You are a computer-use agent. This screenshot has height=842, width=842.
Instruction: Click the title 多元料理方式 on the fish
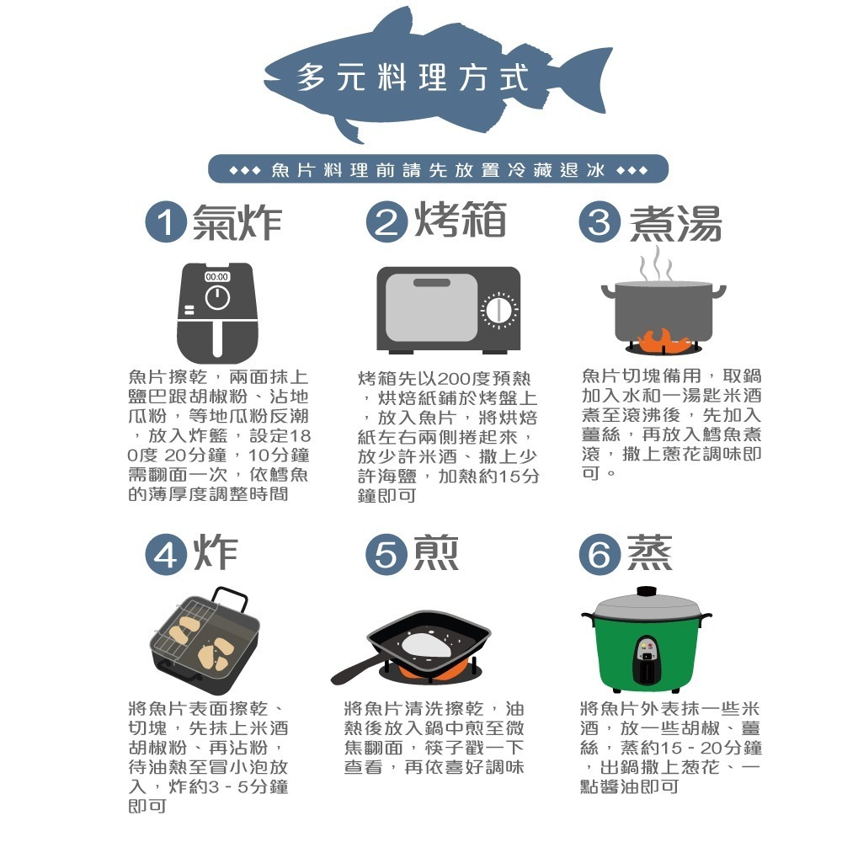click(413, 77)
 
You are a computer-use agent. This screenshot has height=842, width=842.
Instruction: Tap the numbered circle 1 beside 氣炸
click(166, 221)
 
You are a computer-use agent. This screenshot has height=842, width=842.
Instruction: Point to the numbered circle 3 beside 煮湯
click(600, 221)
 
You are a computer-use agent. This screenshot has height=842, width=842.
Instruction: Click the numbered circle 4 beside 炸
click(166, 554)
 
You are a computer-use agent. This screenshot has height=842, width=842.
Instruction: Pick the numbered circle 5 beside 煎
click(386, 554)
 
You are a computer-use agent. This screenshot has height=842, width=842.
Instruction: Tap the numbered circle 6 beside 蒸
click(600, 554)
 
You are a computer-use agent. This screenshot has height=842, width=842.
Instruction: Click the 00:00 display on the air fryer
click(217, 276)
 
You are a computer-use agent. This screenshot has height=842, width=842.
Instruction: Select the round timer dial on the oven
click(499, 311)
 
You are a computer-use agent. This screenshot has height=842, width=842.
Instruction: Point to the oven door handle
click(432, 283)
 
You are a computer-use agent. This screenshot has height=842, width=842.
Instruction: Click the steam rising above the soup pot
click(656, 263)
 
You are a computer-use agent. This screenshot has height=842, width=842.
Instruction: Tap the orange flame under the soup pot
click(663, 340)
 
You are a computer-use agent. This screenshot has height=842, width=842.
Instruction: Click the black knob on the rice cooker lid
click(647, 591)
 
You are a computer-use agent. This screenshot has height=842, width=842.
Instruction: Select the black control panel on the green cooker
click(647, 659)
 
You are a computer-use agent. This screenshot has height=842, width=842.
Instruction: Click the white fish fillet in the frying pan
click(426, 643)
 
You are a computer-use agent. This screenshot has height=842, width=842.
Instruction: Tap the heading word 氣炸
click(237, 222)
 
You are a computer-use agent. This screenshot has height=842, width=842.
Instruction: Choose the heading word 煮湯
click(675, 223)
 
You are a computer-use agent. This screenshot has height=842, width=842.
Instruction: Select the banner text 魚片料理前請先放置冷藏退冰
click(438, 170)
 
